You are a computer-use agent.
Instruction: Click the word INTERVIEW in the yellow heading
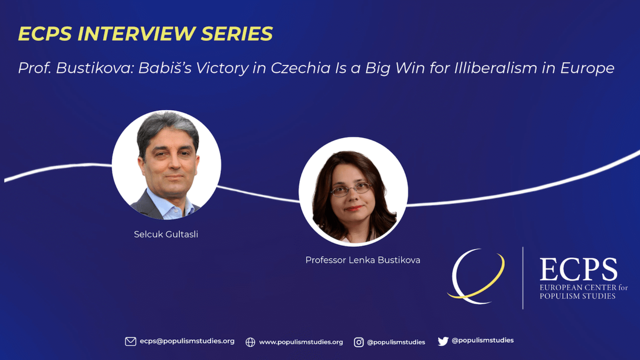click(x=137, y=34)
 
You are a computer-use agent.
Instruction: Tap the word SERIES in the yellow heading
click(x=237, y=34)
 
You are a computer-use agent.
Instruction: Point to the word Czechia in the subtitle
click(x=300, y=68)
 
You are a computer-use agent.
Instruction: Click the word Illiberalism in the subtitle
click(x=495, y=68)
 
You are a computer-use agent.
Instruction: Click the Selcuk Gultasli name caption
click(x=166, y=234)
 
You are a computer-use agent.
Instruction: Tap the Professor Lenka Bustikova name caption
click(x=363, y=260)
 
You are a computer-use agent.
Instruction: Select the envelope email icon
click(x=131, y=342)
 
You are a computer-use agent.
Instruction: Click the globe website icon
click(x=250, y=342)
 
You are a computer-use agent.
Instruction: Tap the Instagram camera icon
click(x=359, y=342)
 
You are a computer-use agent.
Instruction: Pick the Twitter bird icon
click(x=443, y=341)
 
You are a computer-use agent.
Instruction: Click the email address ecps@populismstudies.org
click(x=187, y=341)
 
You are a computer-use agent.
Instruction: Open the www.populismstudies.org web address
click(x=301, y=342)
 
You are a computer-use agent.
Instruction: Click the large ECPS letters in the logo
click(x=579, y=269)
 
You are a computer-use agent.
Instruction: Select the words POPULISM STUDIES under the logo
click(x=578, y=296)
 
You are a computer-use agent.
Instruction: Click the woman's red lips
click(x=354, y=208)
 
